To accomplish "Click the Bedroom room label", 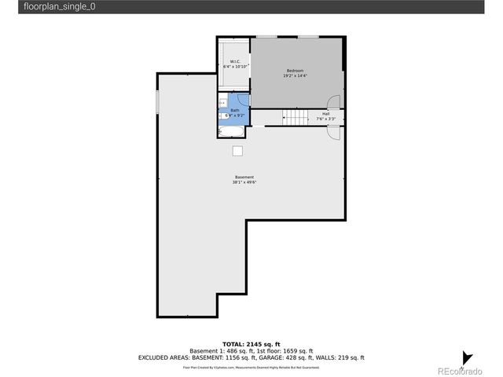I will tap(294, 71).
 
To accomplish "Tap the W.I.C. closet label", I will tap(235, 61).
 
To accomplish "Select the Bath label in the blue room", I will tap(234, 110).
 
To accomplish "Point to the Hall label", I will tap(325, 114).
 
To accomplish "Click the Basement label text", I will tap(244, 177).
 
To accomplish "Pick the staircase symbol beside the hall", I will tap(296, 118).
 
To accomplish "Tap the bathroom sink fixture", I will tap(222, 103).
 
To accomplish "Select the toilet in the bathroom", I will tap(222, 116).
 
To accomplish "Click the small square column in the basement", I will tap(237, 151).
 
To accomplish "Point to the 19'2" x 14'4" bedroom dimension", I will tap(296, 76).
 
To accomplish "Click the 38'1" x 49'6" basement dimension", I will tap(244, 182).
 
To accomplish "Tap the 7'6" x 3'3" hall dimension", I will tap(325, 119).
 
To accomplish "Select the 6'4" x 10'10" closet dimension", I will tap(235, 67).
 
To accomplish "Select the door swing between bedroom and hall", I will tap(336, 102).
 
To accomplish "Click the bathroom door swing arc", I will tap(243, 99).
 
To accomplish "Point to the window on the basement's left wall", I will tap(157, 101).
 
